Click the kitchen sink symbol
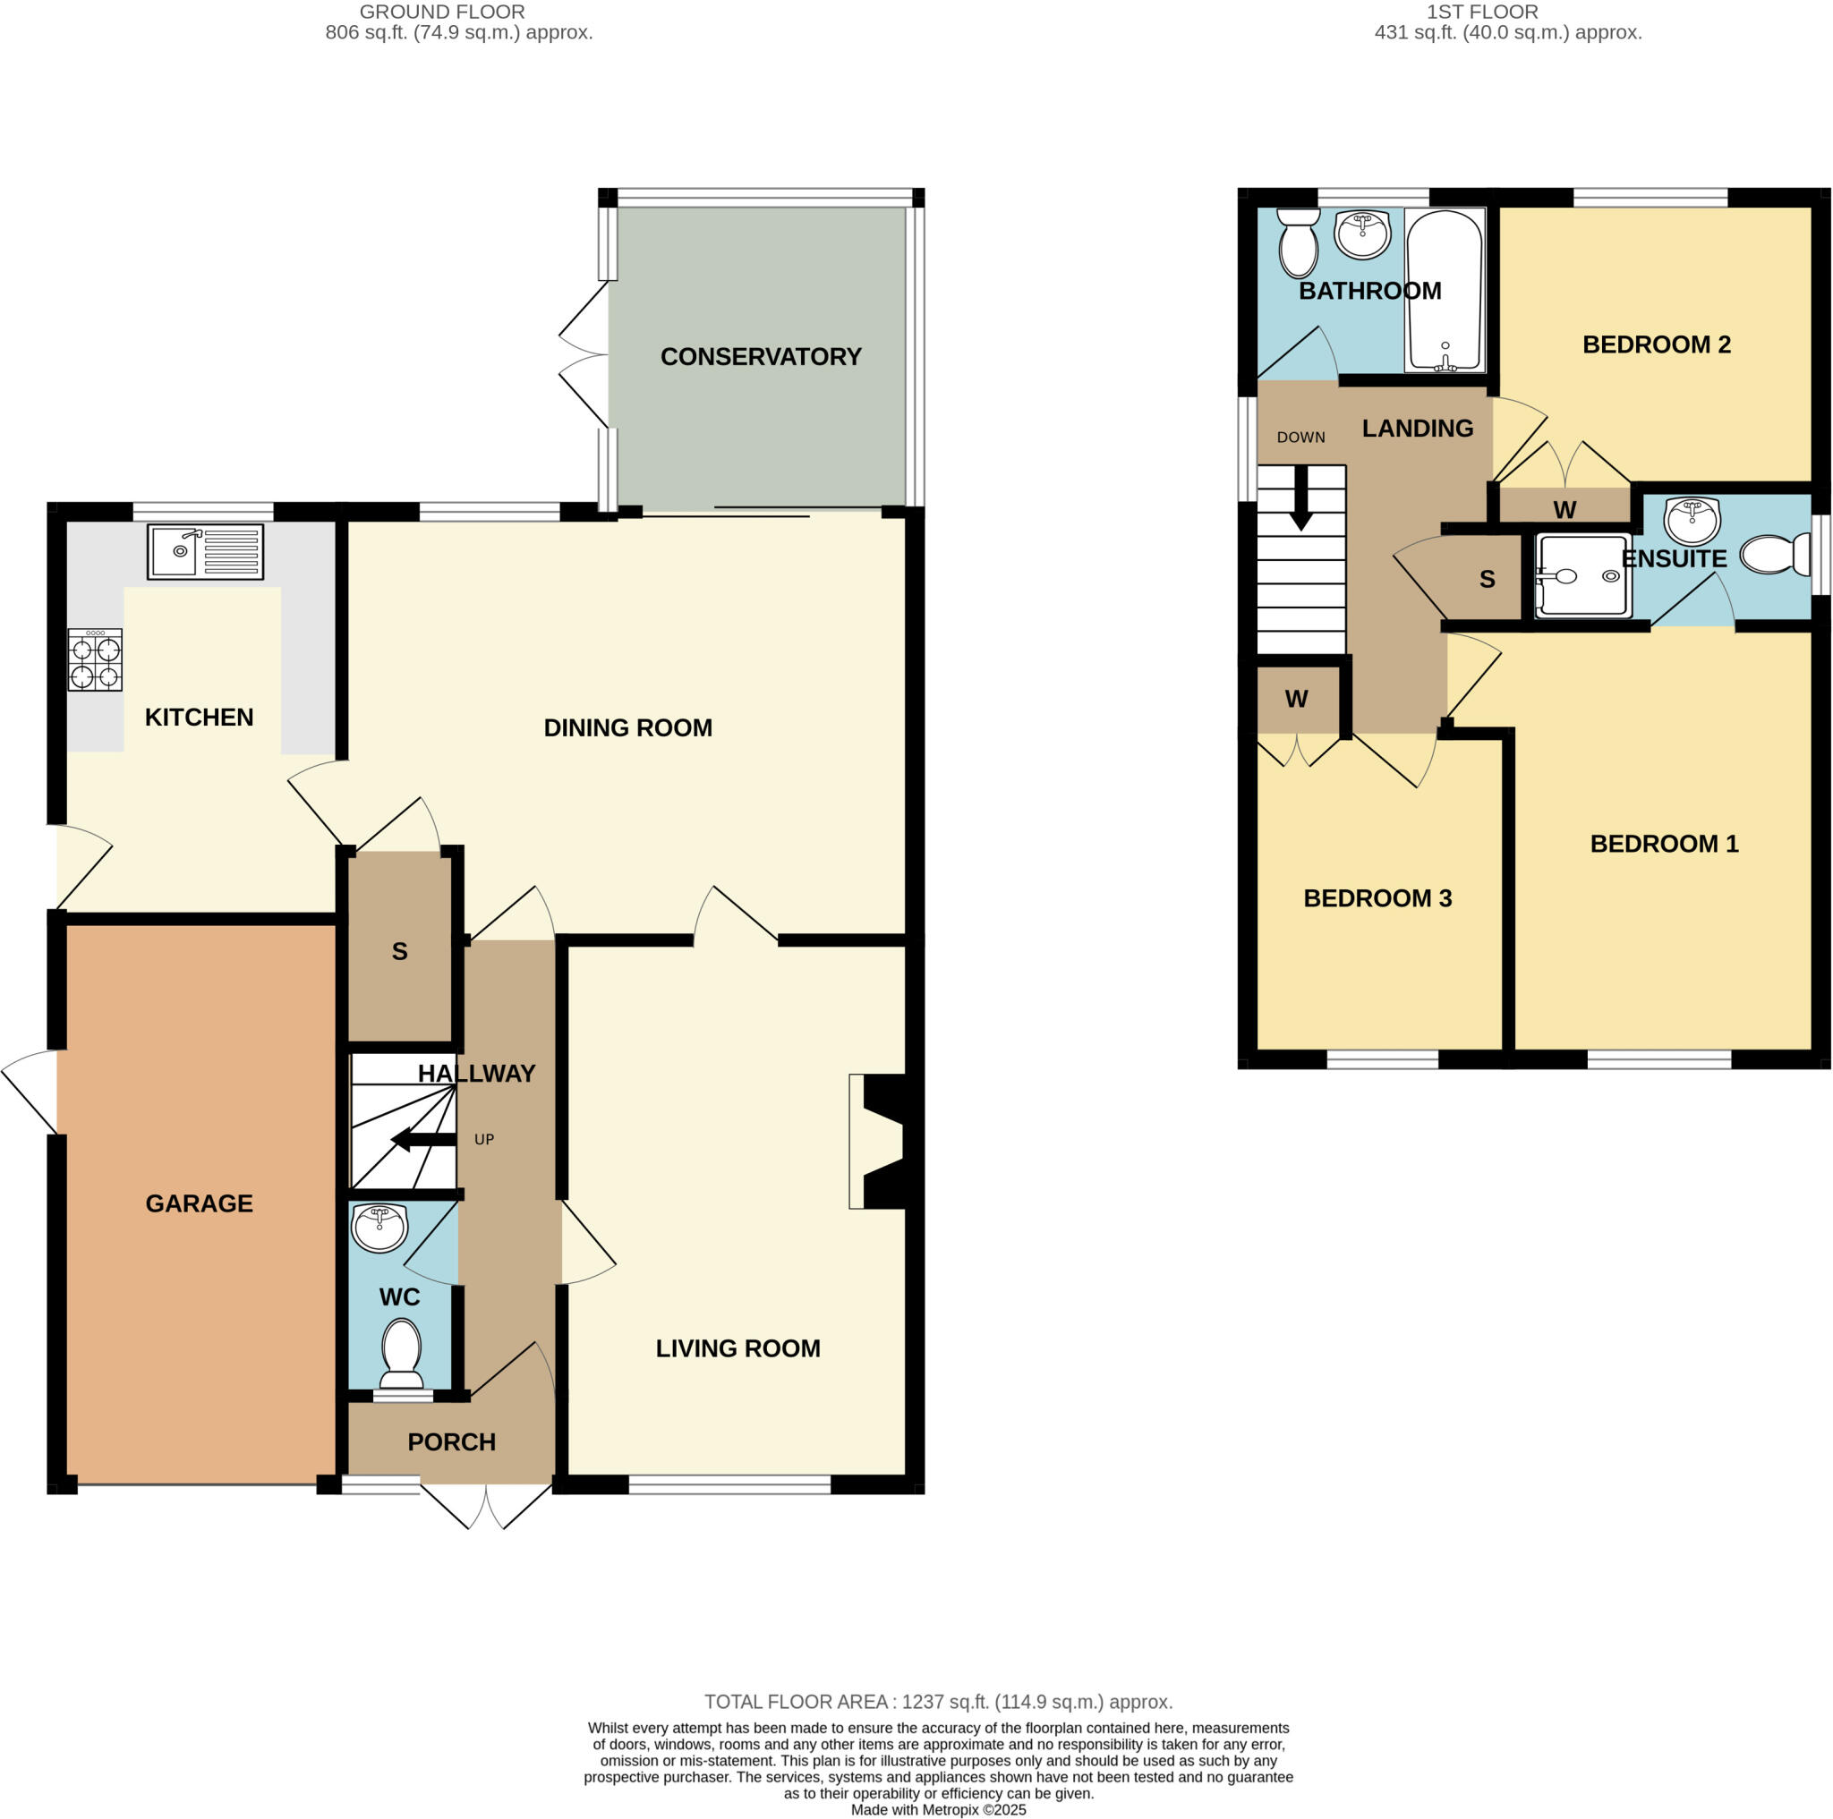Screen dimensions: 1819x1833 point(205,551)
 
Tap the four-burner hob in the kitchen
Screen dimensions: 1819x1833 point(95,660)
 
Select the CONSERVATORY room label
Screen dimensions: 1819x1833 point(761,357)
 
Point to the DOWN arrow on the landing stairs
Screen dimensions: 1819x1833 point(1300,497)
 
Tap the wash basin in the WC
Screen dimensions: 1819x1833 point(379,1228)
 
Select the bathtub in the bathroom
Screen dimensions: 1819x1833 point(1444,290)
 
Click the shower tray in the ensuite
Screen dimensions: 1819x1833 point(1582,575)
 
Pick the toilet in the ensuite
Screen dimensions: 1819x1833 point(1775,554)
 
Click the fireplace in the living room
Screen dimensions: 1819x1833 point(881,1141)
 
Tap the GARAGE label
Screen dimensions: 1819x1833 point(200,1203)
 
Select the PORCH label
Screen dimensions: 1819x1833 point(452,1442)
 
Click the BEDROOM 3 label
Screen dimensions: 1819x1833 point(1377,898)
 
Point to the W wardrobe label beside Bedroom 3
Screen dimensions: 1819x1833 point(1296,699)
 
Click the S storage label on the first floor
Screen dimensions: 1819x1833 point(1487,580)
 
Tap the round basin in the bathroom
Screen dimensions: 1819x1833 point(1362,234)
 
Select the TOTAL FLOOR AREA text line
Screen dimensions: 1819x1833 point(937,1703)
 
